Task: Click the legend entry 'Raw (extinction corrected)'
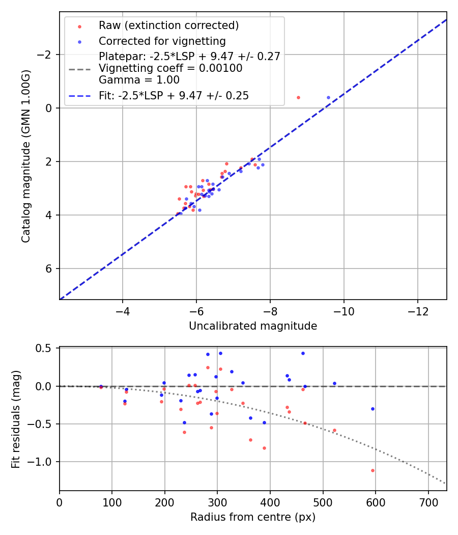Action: tap(168, 25)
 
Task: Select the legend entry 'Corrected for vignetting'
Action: tap(162, 41)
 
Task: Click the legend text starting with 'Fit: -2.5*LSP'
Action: tap(174, 96)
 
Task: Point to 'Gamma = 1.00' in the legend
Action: tap(139, 79)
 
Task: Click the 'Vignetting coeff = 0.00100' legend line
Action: tap(170, 68)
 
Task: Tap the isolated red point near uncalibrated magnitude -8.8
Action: tap(298, 97)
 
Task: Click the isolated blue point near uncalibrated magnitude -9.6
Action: tap(328, 97)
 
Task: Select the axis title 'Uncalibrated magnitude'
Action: tap(253, 326)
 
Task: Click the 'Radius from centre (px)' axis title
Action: tap(253, 517)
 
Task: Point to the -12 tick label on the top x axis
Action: tap(417, 311)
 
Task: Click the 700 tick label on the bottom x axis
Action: tap(428, 502)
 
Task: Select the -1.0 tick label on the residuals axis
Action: tap(43, 462)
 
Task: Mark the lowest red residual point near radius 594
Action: tap(373, 470)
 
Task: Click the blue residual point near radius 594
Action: tap(373, 409)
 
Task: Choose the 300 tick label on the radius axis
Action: tap(217, 502)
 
